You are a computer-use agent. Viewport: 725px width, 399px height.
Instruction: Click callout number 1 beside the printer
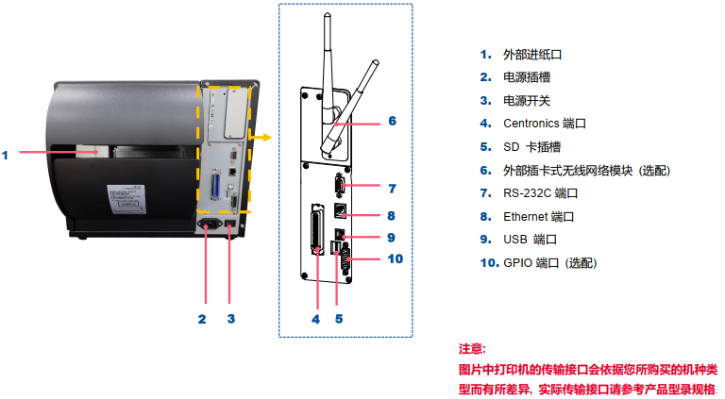[x=5, y=155]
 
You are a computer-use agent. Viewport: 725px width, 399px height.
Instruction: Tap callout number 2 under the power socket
[x=202, y=319]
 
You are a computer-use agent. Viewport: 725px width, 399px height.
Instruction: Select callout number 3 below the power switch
[x=231, y=319]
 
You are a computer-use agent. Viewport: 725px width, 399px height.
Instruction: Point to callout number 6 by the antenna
[x=392, y=121]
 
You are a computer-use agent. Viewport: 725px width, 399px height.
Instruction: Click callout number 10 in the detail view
[x=396, y=258]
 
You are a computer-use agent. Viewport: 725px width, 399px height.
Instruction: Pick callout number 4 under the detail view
[x=316, y=319]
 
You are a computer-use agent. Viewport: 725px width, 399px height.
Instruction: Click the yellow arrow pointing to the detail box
[x=261, y=137]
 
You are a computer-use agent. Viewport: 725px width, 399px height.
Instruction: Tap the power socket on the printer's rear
[x=210, y=224]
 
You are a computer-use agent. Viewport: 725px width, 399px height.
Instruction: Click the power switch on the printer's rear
[x=230, y=224]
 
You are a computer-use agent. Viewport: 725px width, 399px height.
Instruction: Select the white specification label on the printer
[x=126, y=199]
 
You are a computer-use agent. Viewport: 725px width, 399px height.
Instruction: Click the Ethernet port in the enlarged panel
[x=340, y=211]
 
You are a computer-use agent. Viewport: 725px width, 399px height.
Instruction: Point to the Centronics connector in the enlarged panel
[x=317, y=229]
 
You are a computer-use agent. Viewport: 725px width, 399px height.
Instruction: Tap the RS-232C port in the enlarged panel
[x=339, y=186]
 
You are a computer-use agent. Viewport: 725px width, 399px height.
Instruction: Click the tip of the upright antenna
[x=328, y=15]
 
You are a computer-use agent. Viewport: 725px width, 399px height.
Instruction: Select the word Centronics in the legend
[x=531, y=124]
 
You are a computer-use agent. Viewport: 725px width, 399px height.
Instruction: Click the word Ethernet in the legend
[x=525, y=217]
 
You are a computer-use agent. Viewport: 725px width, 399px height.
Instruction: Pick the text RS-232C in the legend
[x=527, y=193]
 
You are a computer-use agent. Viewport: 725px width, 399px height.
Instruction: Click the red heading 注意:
[x=472, y=349]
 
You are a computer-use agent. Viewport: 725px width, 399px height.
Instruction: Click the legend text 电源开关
[x=527, y=101]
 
